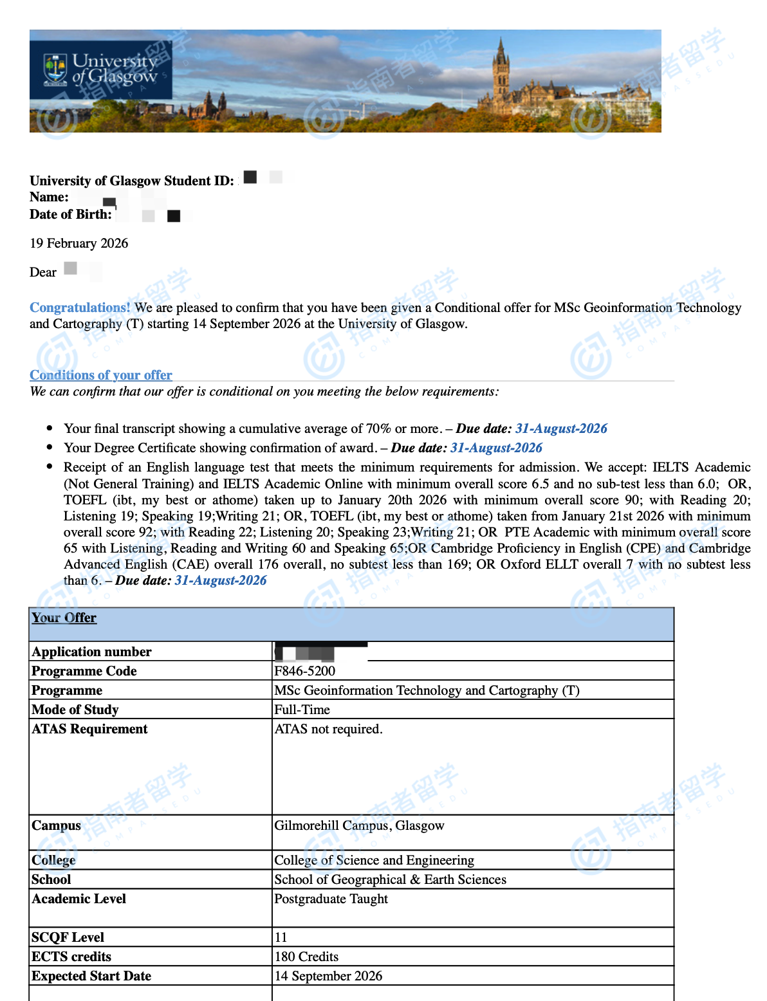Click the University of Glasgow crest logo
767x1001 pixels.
pyautogui.click(x=55, y=69)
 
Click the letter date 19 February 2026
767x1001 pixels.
pyautogui.click(x=79, y=243)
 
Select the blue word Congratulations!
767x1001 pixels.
pyautogui.click(x=80, y=308)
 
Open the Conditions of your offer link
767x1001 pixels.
pyautogui.click(x=101, y=375)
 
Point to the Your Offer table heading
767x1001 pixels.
pyautogui.click(x=64, y=618)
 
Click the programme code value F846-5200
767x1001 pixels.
pyautogui.click(x=305, y=671)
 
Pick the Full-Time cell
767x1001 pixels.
pyautogui.click(x=302, y=710)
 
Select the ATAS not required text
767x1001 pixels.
pyautogui.click(x=329, y=729)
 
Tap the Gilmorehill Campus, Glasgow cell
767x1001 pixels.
pyautogui.click(x=359, y=825)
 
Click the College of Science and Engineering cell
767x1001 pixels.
pyautogui.click(x=374, y=860)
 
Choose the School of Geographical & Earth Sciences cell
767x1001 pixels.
pyautogui.click(x=390, y=879)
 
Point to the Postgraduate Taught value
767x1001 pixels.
pyautogui.click(x=331, y=899)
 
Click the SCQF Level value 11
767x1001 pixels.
pyautogui.click(x=281, y=937)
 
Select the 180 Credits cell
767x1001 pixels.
pyautogui.click(x=306, y=957)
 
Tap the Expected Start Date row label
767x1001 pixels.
pyautogui.click(x=91, y=976)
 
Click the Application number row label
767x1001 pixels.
pyautogui.click(x=91, y=652)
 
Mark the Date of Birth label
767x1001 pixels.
pyautogui.click(x=71, y=214)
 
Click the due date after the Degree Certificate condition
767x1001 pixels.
pyautogui.click(x=496, y=448)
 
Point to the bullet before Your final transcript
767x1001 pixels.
pyautogui.click(x=50, y=428)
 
